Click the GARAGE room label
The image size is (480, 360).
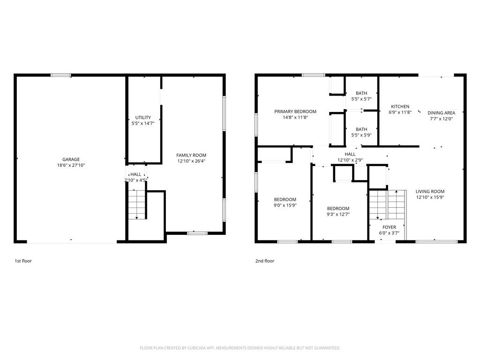point(71,159)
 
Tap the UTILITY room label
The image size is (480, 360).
point(143,117)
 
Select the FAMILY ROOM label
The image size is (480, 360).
point(191,155)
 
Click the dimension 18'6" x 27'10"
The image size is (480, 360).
point(71,165)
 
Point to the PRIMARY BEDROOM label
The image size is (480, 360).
point(295,112)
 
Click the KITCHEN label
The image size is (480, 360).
point(400,106)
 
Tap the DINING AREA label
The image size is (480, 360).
point(441,112)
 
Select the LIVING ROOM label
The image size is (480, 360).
point(430,191)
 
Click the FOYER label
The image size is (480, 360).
point(389,227)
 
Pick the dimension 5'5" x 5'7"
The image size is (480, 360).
point(361,99)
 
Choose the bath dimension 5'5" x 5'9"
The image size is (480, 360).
point(361,135)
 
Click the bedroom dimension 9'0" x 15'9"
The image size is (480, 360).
point(285,205)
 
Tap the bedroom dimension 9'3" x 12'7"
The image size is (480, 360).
point(338,214)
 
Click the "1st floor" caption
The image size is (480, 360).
point(23,261)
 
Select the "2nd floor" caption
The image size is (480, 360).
point(265,261)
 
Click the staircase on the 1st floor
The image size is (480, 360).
point(136,204)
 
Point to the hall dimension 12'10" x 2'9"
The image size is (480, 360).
point(350,160)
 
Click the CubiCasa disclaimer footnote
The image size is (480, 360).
point(240,348)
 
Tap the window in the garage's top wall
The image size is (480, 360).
point(60,75)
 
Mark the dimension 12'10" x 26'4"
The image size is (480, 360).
point(191,161)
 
